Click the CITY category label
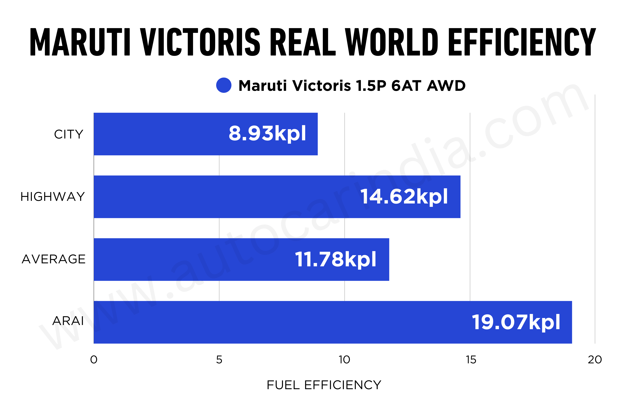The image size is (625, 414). coord(69,134)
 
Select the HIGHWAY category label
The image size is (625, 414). coord(52,197)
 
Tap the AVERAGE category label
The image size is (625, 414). coord(54,259)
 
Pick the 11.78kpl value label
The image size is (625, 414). coord(335,259)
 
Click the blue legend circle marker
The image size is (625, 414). coord(224,85)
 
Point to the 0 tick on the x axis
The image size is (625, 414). coord(94,360)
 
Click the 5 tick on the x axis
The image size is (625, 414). coord(219,360)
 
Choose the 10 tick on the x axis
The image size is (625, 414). coord(344,360)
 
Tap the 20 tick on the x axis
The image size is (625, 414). coord(595,360)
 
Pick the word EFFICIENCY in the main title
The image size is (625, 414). coord(522,42)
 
